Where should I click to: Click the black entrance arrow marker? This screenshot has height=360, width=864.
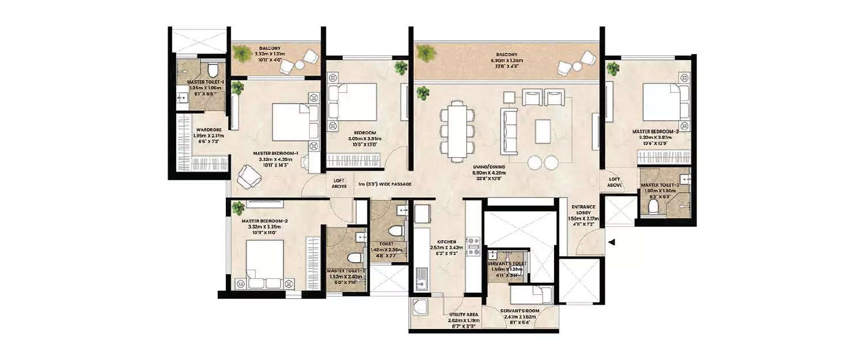[x=612, y=242]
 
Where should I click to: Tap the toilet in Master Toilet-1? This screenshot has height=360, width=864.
[x=213, y=71]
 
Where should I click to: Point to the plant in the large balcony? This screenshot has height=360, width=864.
[x=426, y=53]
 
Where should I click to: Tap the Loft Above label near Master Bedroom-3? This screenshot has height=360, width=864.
[x=615, y=182]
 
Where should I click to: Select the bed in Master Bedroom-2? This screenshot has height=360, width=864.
[x=264, y=263]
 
